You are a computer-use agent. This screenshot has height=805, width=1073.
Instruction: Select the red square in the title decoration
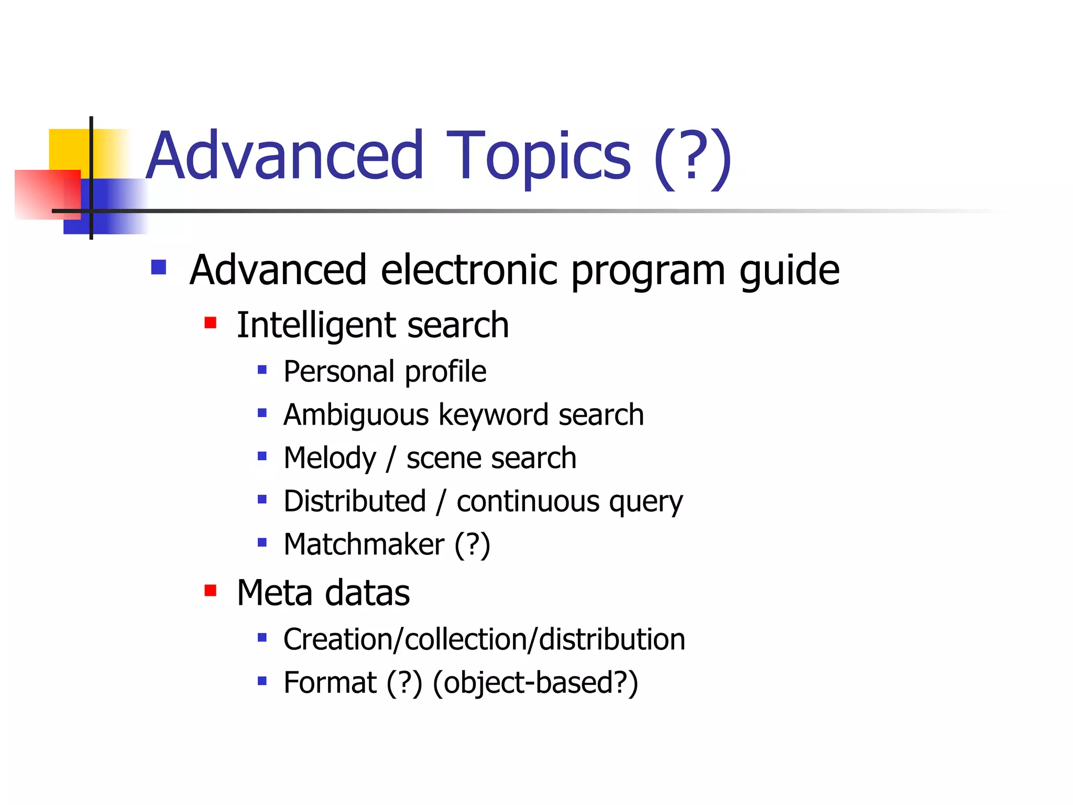47,194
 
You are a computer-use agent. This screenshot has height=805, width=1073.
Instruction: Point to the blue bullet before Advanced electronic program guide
158,267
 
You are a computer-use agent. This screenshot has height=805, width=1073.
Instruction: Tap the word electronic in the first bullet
469,270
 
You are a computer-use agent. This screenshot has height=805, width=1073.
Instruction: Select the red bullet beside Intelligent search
211,322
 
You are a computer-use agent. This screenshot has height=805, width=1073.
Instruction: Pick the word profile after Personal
445,372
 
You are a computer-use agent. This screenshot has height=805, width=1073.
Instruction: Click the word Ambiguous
356,416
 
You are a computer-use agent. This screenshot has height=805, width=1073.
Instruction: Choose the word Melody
330,459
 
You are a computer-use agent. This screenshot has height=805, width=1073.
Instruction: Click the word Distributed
355,501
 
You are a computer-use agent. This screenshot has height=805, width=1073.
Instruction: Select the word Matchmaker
364,545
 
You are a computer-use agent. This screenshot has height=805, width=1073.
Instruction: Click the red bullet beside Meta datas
211,591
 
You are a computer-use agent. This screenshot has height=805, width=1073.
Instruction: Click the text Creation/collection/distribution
484,639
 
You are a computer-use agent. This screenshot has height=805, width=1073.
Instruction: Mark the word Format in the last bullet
330,683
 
